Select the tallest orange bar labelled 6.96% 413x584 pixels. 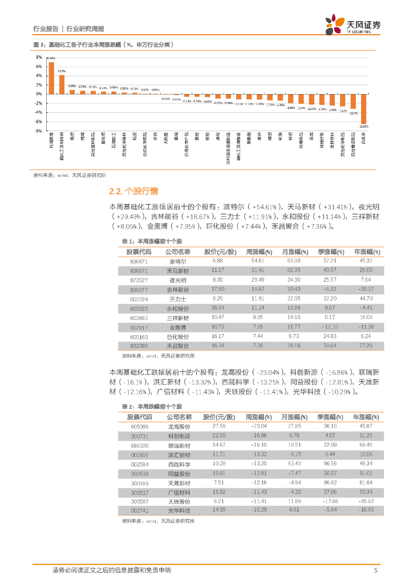[x=51, y=78]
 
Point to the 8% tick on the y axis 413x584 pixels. [x=39, y=58]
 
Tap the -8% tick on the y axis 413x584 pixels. [x=38, y=131]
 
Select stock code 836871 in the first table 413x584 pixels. [x=139, y=260]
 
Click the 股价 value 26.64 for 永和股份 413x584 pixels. [x=217, y=307]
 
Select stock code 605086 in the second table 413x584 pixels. [x=139, y=426]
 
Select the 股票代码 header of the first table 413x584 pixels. [x=139, y=252]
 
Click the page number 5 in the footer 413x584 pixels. [x=375, y=570]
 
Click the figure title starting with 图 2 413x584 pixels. [x=103, y=44]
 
